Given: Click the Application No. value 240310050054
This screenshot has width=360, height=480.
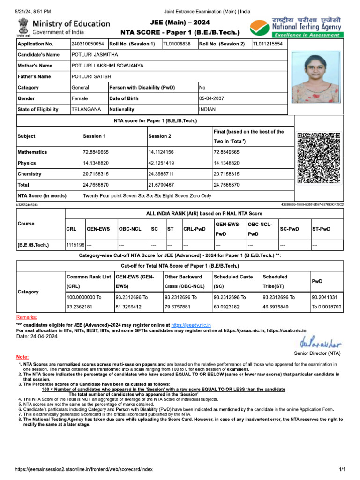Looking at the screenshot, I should coord(88,44).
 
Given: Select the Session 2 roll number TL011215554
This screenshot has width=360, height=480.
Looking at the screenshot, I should coord(268,44).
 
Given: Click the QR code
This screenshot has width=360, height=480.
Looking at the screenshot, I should coord(319,158).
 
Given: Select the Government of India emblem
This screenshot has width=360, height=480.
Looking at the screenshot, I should coord(23,27).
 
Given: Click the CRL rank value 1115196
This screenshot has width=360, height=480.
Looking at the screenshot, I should coord(75,245).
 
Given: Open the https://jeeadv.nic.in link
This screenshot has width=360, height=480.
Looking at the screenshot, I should coord(191,325).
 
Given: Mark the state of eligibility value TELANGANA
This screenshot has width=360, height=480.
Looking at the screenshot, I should coord(86,109).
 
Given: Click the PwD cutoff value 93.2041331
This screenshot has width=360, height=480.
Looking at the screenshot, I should coord(327,297).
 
